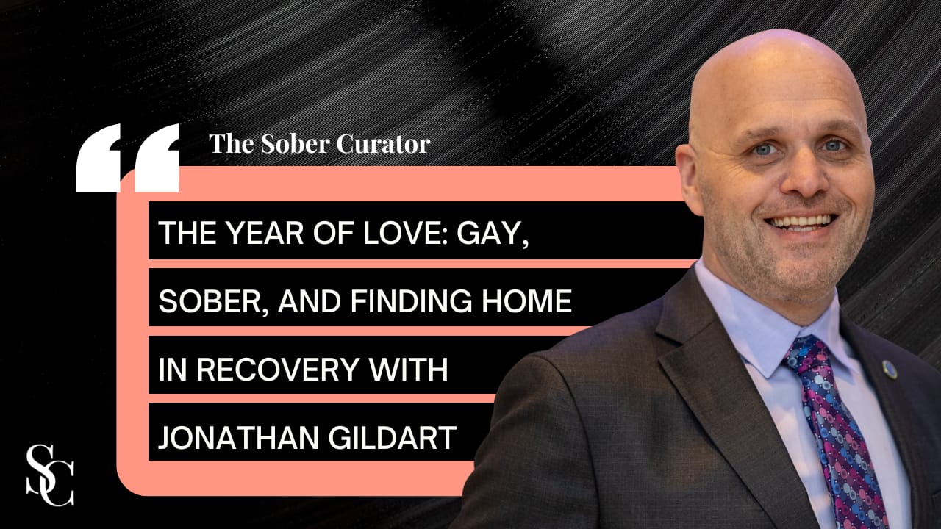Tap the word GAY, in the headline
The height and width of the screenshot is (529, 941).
tap(493, 234)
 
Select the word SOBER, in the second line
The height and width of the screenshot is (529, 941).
tap(213, 301)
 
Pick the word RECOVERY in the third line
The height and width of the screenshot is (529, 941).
tap(277, 369)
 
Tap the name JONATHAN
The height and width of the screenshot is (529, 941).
tap(238, 437)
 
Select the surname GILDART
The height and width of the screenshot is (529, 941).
tap(392, 437)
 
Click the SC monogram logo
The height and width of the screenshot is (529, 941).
tap(49, 475)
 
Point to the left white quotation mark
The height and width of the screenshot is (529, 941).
tap(99, 157)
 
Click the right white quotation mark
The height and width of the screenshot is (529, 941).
tap(157, 157)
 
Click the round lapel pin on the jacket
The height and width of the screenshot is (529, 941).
tap(890, 370)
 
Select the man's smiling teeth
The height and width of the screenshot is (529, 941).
tap(801, 222)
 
